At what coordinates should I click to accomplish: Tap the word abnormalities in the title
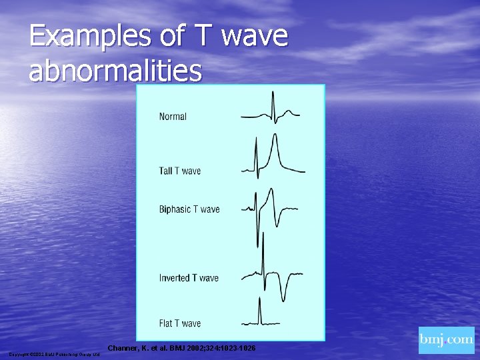pyautogui.click(x=115, y=71)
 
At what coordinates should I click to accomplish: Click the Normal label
pyautogui.click(x=173, y=117)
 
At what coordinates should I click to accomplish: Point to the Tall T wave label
pyautogui.click(x=179, y=171)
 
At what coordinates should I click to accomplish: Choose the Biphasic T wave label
pyautogui.click(x=189, y=209)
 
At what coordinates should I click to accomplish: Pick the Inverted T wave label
pyautogui.click(x=189, y=278)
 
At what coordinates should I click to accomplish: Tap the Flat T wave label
pyautogui.click(x=179, y=323)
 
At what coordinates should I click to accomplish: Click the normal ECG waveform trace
pyautogui.click(x=270, y=110)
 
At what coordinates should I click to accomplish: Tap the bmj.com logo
pyautogui.click(x=446, y=340)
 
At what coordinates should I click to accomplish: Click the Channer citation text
pyautogui.click(x=181, y=349)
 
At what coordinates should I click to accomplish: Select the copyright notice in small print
pyautogui.click(x=54, y=354)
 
